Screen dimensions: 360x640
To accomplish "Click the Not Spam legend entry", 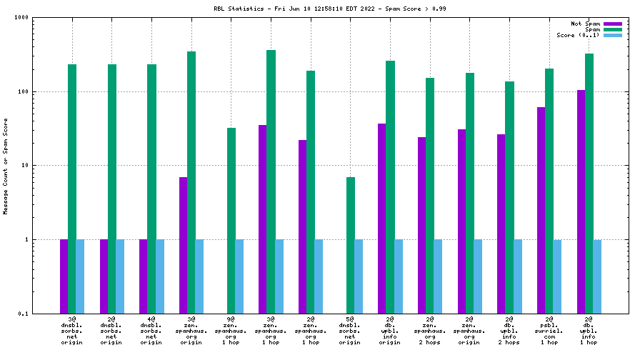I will (x=586, y=24).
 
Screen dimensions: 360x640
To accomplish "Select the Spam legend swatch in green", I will (x=613, y=29).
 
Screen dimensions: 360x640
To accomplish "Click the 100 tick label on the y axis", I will (x=21, y=91).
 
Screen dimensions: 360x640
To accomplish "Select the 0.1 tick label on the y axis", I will (x=21, y=314).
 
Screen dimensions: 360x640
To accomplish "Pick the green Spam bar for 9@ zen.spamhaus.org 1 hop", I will (x=231, y=220).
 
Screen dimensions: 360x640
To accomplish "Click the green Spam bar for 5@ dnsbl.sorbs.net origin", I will (x=350, y=245).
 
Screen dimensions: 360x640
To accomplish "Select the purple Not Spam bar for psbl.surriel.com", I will (x=541, y=210).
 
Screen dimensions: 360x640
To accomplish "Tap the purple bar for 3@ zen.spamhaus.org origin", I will (x=183, y=245).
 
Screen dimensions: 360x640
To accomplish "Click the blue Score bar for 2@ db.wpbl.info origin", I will (x=398, y=276).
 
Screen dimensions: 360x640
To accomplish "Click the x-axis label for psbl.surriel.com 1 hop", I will (x=549, y=332).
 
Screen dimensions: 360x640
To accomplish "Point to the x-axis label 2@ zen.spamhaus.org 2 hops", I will (x=430, y=332).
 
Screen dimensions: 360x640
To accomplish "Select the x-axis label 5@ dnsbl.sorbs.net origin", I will (x=350, y=332).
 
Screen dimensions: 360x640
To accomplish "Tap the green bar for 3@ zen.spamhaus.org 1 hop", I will (x=271, y=181).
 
